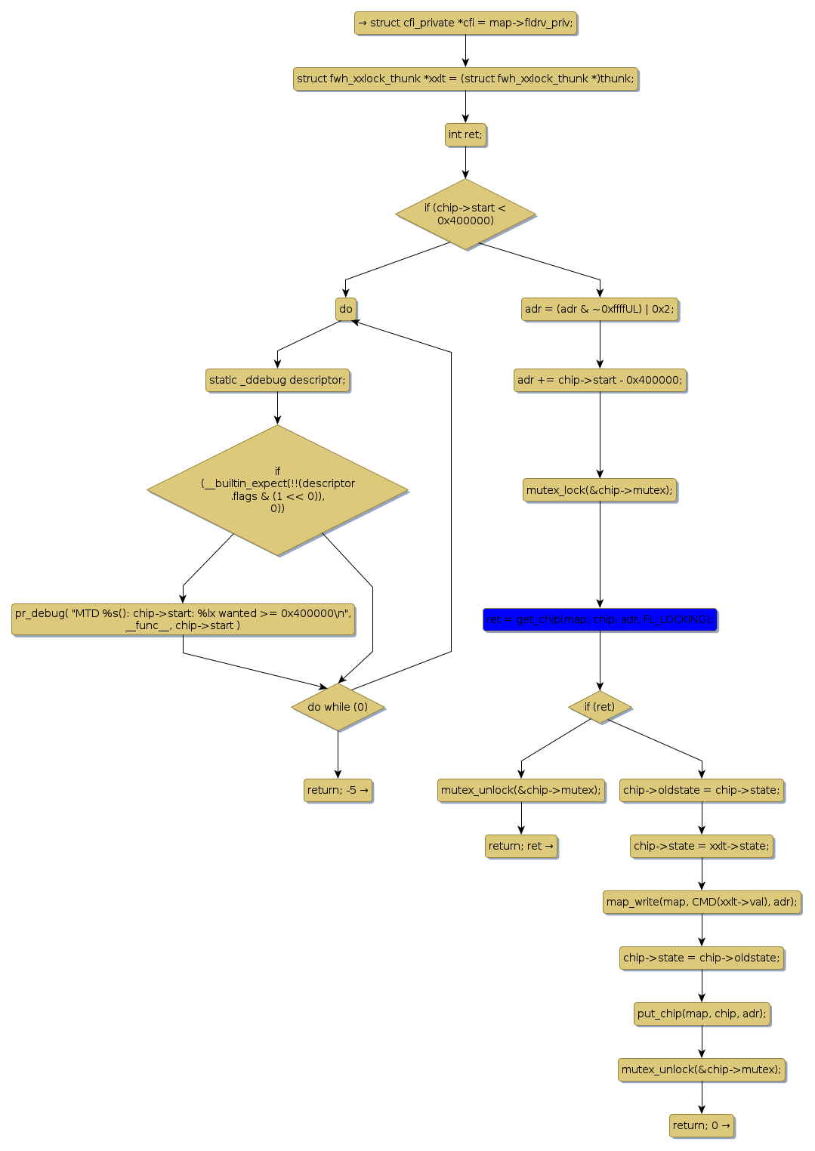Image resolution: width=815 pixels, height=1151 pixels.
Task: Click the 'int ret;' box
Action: coord(465,135)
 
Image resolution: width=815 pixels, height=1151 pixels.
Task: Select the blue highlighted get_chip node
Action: coord(600,619)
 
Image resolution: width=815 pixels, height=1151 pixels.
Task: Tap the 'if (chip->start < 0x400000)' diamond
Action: coord(465,214)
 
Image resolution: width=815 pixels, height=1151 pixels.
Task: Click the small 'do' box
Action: coord(346,309)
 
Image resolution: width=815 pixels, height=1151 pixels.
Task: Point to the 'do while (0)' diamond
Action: coord(338,707)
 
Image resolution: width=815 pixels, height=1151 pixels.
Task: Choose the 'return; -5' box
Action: coord(338,790)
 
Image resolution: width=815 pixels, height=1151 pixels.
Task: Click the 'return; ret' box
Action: coord(521,846)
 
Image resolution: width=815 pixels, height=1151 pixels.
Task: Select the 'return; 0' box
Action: coord(702,1125)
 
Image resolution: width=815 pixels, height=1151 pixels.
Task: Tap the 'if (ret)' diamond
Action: coord(600,707)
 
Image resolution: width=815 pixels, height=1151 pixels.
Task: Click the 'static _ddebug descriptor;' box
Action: coord(277,380)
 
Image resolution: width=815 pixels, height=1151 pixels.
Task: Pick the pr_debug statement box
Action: coord(183,619)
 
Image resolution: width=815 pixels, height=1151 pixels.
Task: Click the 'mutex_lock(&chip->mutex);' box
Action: coord(600,490)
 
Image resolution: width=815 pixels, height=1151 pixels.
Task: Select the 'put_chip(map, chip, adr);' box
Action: coord(702,1014)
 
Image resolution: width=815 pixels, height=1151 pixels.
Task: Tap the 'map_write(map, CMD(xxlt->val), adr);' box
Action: coord(702,902)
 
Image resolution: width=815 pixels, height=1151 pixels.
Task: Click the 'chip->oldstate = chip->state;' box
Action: coord(702,790)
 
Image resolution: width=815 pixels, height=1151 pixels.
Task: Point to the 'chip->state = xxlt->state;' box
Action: coord(702,846)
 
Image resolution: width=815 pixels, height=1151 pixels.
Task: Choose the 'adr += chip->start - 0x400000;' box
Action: coord(600,380)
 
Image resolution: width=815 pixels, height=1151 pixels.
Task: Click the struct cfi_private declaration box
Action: coord(465,23)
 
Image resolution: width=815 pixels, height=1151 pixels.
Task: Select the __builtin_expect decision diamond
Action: coord(277,490)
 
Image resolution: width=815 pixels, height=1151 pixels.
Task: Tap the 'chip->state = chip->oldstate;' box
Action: coord(702,958)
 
